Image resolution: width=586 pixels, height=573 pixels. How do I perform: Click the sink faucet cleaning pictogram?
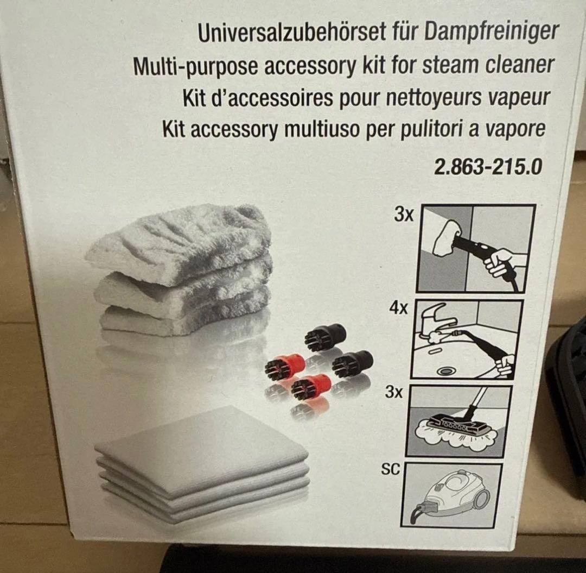[467, 339]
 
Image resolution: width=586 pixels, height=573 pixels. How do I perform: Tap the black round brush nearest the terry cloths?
[323, 336]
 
